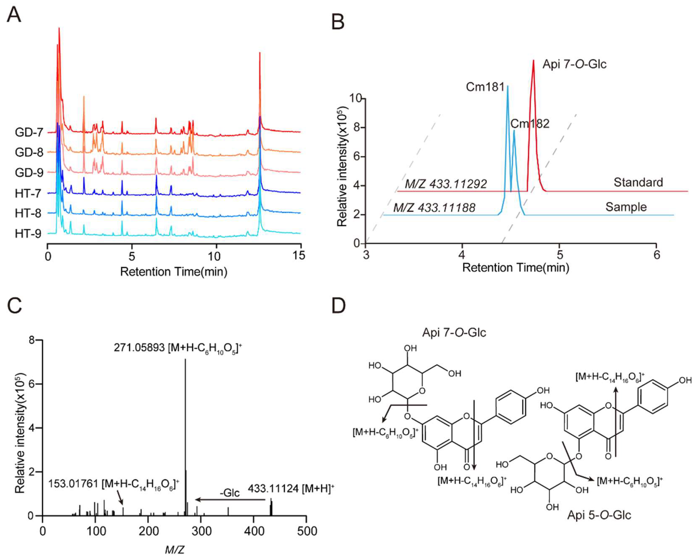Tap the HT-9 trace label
(28, 234)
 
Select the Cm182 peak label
(530, 124)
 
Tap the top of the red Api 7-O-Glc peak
(533, 60)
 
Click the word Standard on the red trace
(638, 182)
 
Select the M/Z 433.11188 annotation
(434, 208)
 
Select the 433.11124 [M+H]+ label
(291, 488)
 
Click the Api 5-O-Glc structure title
(599, 515)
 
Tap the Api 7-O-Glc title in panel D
(454, 333)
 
